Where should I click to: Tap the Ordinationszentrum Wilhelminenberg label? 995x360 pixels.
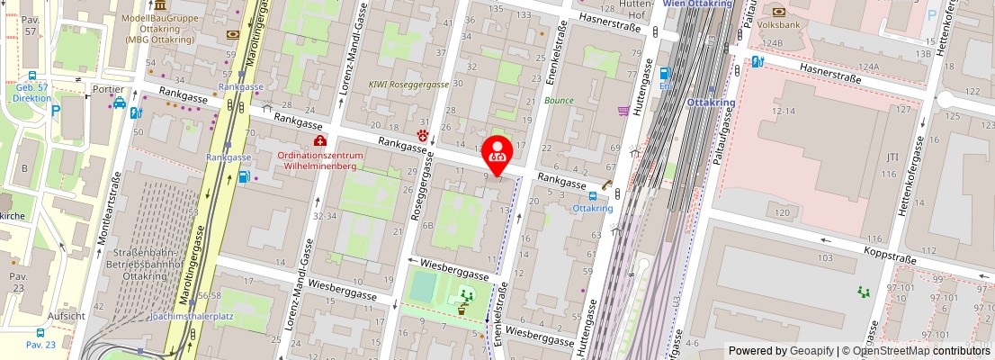coord(320,160)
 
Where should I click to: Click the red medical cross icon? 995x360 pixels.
coord(319,140)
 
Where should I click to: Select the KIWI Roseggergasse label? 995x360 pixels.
coord(408,84)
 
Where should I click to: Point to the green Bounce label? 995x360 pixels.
coord(559,100)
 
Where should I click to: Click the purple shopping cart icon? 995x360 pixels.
coord(623,111)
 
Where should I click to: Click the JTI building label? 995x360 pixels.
coord(892,157)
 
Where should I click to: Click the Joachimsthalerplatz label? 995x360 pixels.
coord(192,317)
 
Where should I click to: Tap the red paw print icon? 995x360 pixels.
coord(423,136)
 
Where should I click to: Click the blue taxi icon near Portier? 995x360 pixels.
coord(120,103)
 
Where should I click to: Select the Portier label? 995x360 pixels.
coord(108,90)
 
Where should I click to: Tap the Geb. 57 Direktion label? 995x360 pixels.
coord(32,93)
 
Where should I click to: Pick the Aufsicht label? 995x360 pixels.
coord(67,316)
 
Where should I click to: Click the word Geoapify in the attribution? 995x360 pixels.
coord(811,351)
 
